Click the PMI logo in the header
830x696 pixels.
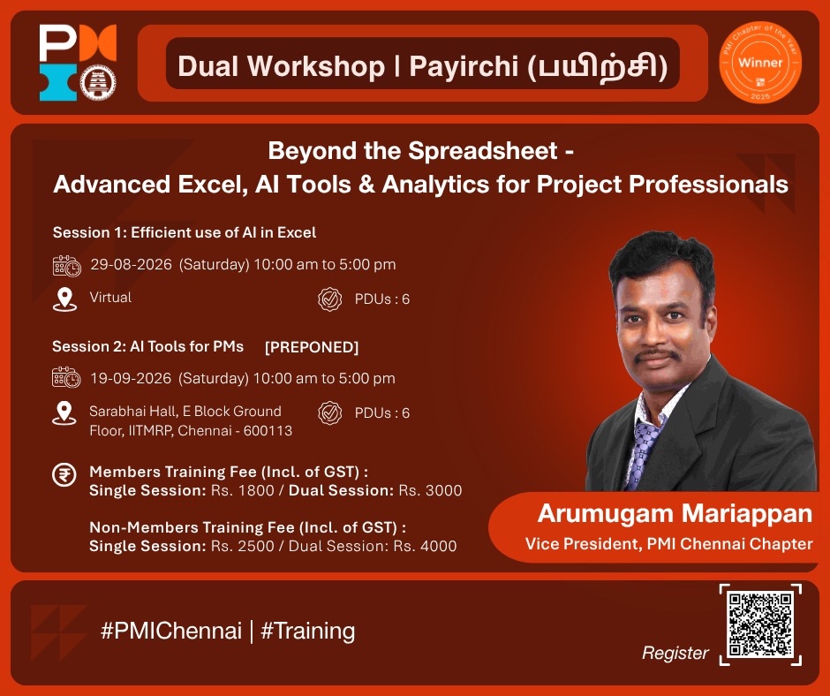point(78,62)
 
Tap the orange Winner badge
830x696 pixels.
point(760,62)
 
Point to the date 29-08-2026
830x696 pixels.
point(132,264)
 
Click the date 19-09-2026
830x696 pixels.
point(131,378)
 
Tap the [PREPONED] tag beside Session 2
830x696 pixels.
point(312,347)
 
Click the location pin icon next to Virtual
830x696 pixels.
point(64,299)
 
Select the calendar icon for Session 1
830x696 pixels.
point(67,266)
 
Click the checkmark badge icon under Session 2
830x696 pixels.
point(329,413)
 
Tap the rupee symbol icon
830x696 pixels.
point(64,474)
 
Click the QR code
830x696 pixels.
point(760,624)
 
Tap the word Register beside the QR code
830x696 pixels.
point(675,653)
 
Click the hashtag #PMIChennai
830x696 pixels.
point(171,631)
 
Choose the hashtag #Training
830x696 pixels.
point(307,632)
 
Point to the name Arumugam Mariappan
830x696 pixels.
point(675,513)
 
